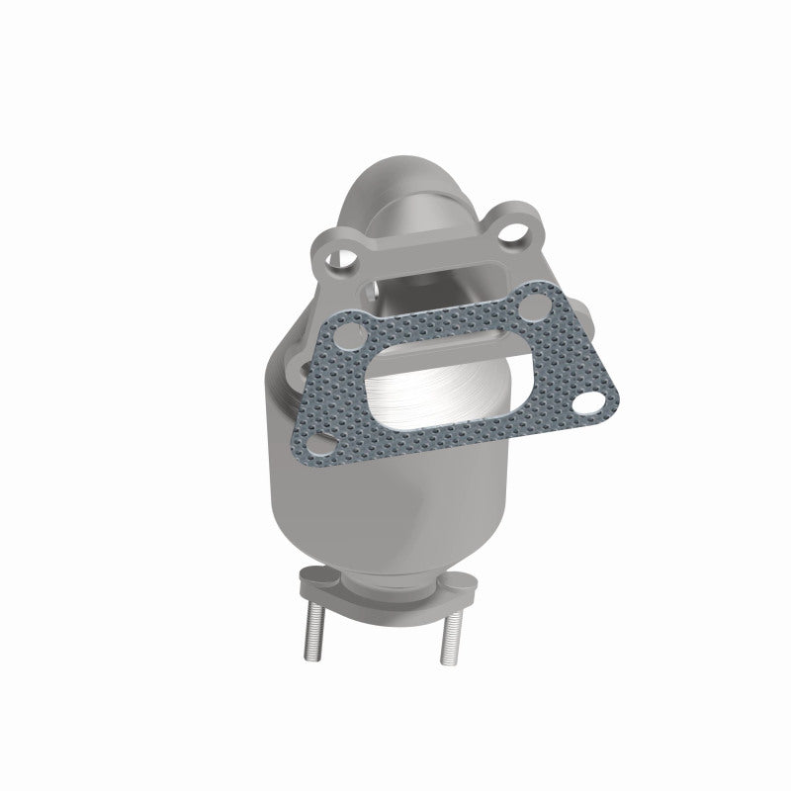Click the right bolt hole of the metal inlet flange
click(x=513, y=234)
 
